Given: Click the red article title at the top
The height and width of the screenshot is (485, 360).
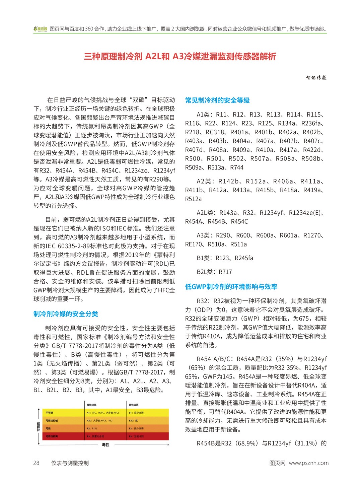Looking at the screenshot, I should point(180,56).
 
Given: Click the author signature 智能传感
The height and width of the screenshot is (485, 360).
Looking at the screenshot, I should point(316,78).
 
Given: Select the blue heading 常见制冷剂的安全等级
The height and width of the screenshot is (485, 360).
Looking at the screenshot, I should point(217,100).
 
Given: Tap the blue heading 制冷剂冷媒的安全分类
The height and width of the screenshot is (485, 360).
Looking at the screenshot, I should point(66,314).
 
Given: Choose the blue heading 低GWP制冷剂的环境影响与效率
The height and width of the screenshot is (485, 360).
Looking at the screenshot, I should point(231,287).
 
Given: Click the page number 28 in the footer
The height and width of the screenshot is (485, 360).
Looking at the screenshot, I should point(36,463).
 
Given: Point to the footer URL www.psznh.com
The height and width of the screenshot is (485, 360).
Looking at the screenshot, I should point(308,463).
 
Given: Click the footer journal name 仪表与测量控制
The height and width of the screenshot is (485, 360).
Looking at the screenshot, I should point(70,463).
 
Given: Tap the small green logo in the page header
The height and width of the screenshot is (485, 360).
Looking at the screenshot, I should point(40,29).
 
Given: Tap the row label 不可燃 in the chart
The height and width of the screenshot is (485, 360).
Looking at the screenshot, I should point(49,413).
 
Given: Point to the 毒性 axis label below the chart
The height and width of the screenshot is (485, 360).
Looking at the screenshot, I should point(105,445).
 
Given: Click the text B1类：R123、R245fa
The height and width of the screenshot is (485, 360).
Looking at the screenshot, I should point(225,258).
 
